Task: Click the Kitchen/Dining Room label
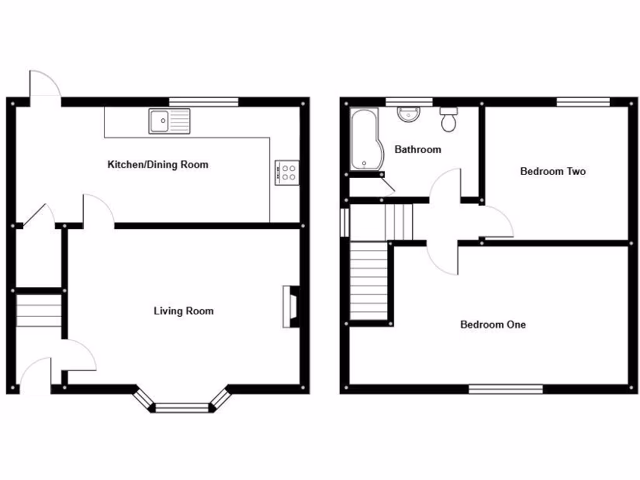158,165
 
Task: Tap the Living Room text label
183,311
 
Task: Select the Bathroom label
417,149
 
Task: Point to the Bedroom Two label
553,171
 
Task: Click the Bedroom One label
493,324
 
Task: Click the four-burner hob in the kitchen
287,172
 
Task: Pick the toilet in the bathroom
449,119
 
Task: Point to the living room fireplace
291,307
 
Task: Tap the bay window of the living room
181,407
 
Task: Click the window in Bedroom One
506,389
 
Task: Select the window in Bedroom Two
583,102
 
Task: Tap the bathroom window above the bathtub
409,102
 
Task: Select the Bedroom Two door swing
498,223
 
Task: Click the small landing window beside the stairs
344,222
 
